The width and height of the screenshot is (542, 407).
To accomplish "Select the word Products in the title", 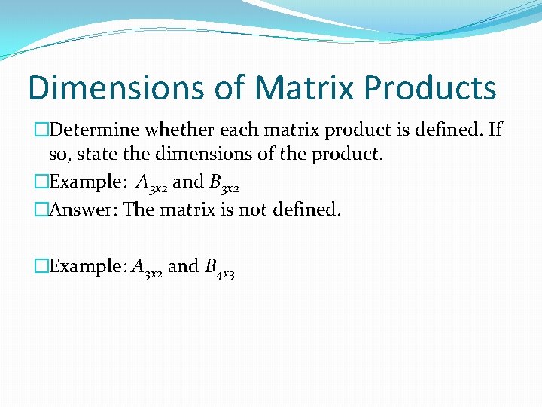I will coord(430,87).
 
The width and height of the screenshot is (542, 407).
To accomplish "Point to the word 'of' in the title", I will coord(229,87).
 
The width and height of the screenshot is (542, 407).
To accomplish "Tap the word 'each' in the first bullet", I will coord(243,130).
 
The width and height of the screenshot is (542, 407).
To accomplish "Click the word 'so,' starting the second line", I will coord(60,155).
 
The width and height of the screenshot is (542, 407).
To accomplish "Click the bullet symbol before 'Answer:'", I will coord(41,210).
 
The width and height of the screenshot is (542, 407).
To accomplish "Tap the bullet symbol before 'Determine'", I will coord(41,130).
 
